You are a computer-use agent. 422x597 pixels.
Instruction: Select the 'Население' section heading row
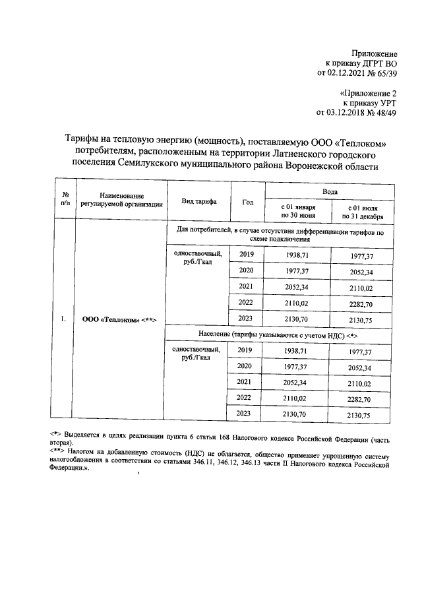pos(279,336)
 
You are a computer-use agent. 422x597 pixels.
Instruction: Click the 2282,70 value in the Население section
pos(362,398)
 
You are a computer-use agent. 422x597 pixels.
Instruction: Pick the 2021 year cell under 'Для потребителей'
pos(246,287)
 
